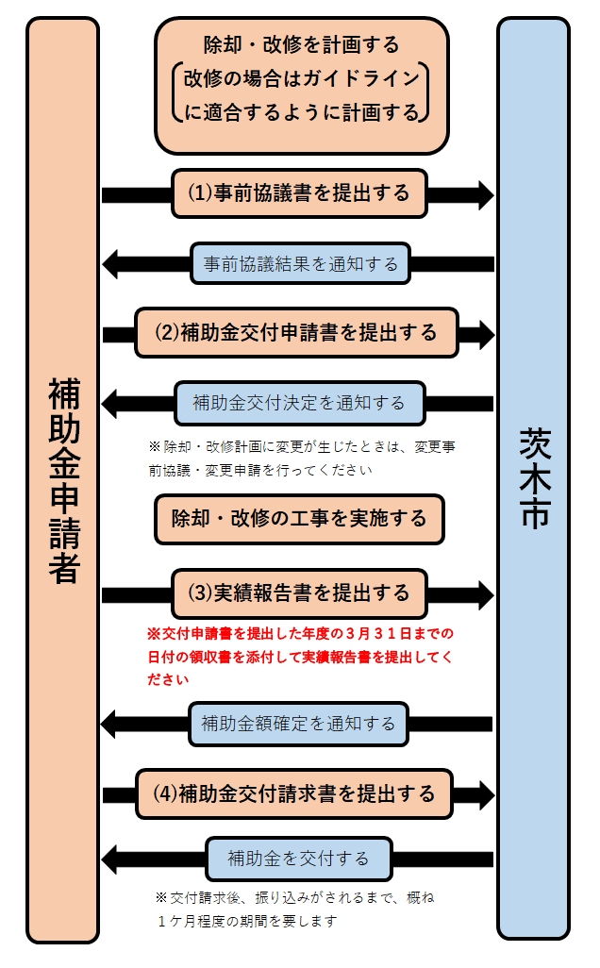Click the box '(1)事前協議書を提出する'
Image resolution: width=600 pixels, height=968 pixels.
(x=299, y=193)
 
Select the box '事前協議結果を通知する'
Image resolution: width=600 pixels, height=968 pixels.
(x=300, y=263)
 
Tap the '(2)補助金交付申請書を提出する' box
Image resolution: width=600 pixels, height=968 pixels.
(x=296, y=333)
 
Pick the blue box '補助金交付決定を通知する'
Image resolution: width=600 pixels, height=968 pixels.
(x=299, y=403)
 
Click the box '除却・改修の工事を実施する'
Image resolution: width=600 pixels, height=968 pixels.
(x=299, y=519)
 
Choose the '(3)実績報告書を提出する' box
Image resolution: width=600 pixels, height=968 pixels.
(x=299, y=592)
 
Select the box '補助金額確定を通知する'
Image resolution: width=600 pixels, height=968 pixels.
(x=299, y=724)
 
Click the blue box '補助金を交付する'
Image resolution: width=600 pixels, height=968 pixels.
(x=299, y=859)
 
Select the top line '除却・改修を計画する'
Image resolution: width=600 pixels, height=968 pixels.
(x=302, y=44)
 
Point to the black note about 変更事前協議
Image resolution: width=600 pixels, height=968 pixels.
(x=302, y=458)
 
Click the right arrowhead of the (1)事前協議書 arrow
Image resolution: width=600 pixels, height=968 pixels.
(x=485, y=194)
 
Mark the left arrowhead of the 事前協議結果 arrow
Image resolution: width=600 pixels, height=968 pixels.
(x=111, y=264)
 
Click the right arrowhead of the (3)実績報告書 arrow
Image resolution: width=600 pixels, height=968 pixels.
(x=485, y=593)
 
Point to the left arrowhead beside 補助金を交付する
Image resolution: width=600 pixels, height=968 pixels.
(x=111, y=859)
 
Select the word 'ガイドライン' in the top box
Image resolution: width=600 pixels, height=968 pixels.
(x=356, y=78)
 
